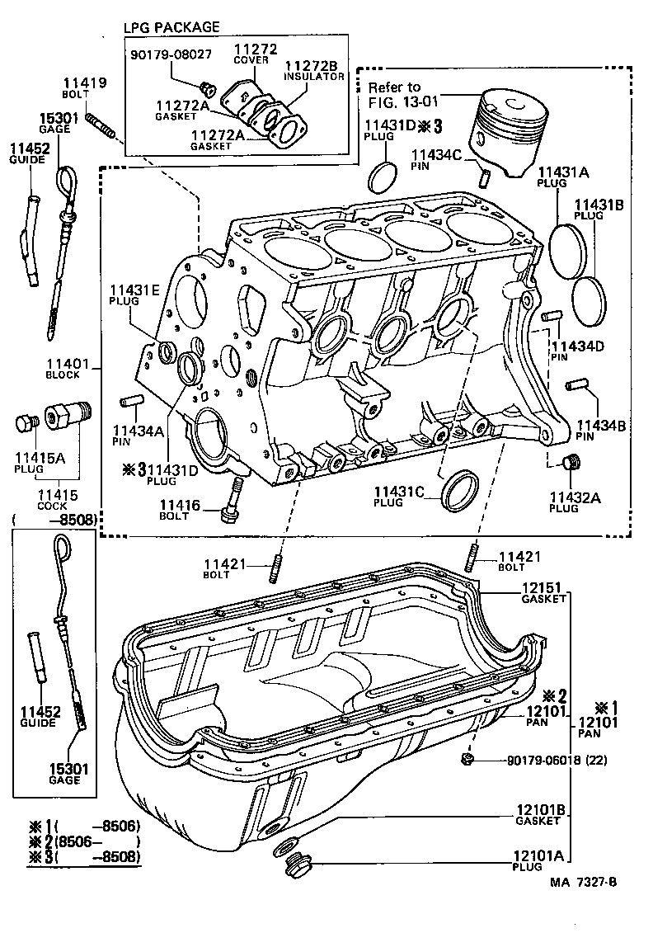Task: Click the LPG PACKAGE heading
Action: point(171,27)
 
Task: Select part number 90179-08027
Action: point(171,54)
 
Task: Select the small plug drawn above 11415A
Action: point(26,425)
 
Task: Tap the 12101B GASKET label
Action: point(542,815)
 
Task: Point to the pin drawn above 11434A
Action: point(133,402)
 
